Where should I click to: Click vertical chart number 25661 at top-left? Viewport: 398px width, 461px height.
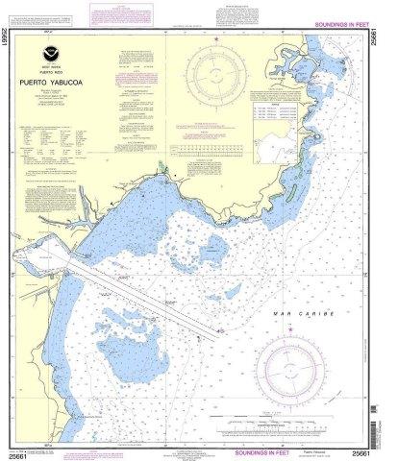coord(9,42)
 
